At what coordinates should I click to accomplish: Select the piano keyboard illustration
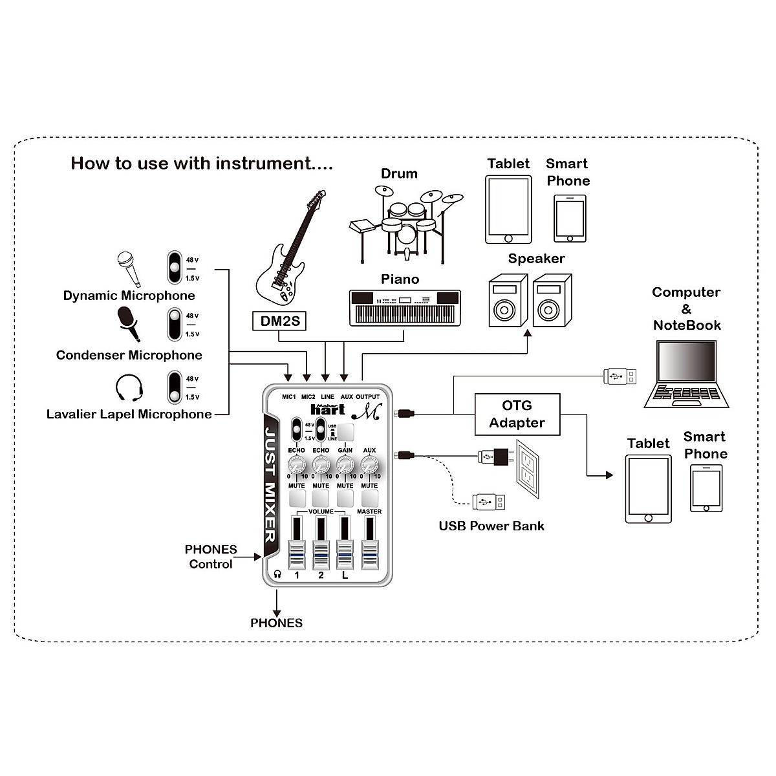coord(405,307)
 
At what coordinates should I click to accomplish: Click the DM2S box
coord(279,321)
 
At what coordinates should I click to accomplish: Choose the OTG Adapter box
coord(517,414)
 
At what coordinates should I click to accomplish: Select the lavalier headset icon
coord(129,389)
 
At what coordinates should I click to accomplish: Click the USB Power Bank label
coord(491,526)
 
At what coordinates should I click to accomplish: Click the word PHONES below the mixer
coord(276,623)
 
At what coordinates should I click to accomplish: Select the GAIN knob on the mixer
coord(345,464)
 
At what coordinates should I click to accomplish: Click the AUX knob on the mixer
coord(369,464)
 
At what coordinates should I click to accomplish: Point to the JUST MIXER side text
coord(271,482)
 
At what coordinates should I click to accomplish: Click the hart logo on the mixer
coord(327,409)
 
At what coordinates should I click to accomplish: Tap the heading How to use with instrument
coord(201,163)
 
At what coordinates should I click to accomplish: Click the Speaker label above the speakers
coord(536,259)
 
